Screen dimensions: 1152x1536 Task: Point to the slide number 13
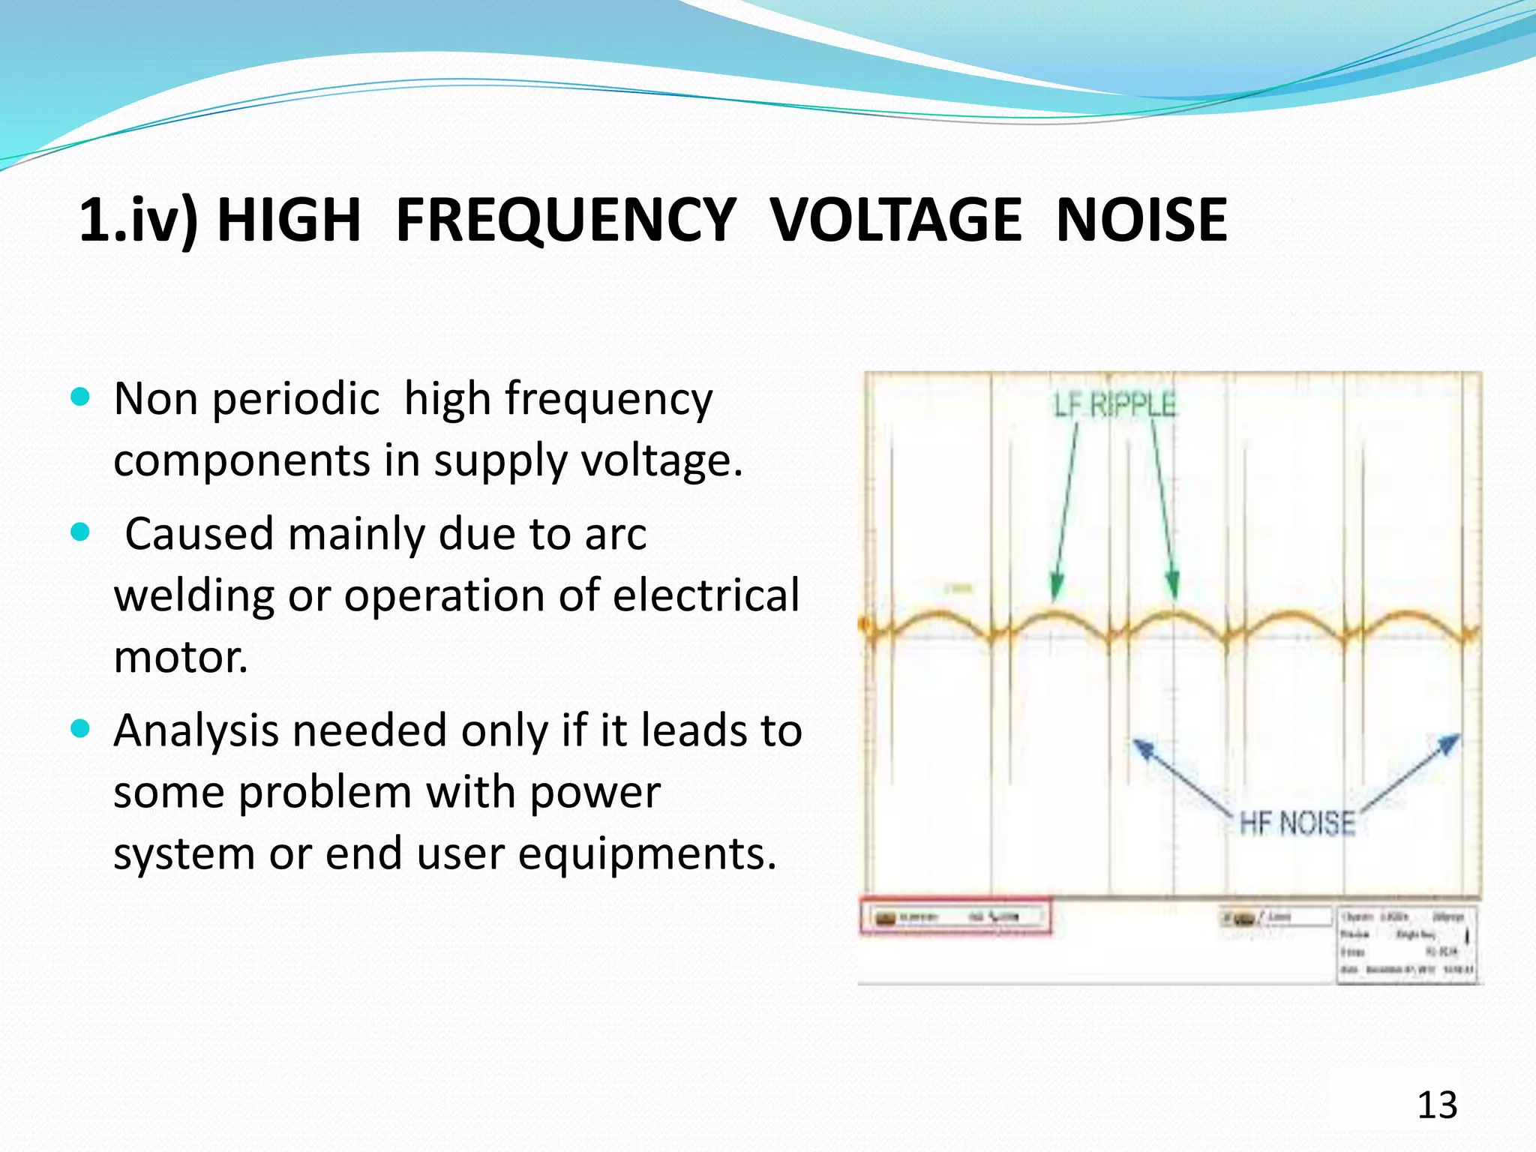click(x=1436, y=1105)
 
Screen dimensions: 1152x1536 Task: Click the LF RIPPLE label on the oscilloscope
click(x=1114, y=405)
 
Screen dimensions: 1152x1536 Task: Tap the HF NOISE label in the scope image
click(x=1297, y=823)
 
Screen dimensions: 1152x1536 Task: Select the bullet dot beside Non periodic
click(x=80, y=396)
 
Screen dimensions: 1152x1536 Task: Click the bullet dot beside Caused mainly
click(x=80, y=532)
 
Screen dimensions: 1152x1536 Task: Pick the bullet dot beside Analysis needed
click(x=80, y=728)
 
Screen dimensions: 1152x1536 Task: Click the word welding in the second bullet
click(x=193, y=595)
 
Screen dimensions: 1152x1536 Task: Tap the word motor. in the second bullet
click(x=180, y=657)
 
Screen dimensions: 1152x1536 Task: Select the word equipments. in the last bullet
click(x=646, y=853)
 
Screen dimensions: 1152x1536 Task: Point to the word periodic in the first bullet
click(x=295, y=399)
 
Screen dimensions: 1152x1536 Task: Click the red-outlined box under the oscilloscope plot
click(x=955, y=916)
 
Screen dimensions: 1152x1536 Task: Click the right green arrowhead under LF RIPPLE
click(x=1172, y=585)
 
